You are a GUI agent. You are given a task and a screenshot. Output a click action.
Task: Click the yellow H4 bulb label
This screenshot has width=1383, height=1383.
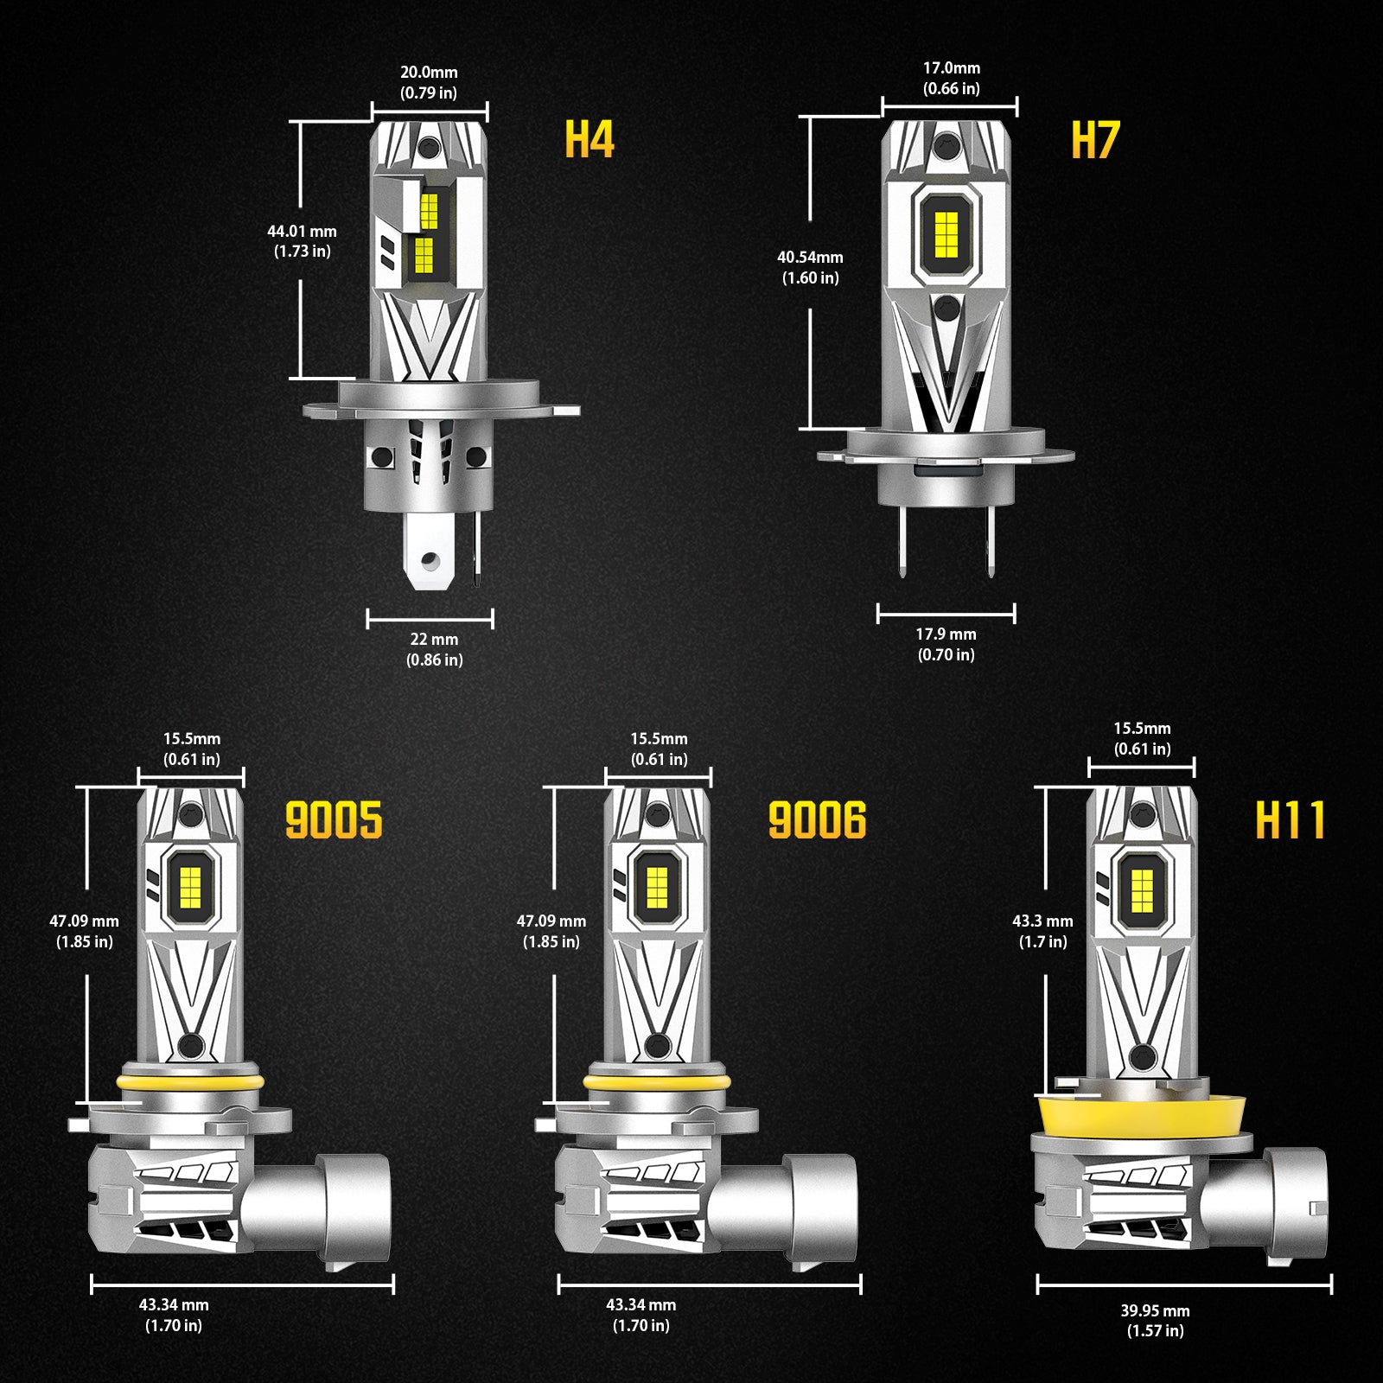click(x=589, y=139)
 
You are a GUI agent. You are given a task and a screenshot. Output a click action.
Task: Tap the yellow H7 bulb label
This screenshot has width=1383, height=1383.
click(x=1095, y=140)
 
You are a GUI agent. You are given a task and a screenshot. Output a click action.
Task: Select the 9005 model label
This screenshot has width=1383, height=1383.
click(x=334, y=820)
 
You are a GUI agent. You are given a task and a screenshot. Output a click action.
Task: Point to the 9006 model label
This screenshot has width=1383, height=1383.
click(x=817, y=820)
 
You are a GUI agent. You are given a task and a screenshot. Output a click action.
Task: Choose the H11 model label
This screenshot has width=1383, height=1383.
click(x=1290, y=820)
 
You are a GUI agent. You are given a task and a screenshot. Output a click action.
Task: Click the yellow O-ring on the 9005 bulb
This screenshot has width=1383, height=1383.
click(x=190, y=1083)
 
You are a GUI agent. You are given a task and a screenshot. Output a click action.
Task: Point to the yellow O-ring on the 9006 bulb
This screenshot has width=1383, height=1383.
click(x=656, y=1083)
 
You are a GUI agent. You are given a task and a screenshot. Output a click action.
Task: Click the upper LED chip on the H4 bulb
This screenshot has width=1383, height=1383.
click(x=429, y=210)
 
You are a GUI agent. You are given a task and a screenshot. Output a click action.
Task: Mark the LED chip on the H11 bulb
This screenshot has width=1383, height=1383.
click(x=1142, y=890)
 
